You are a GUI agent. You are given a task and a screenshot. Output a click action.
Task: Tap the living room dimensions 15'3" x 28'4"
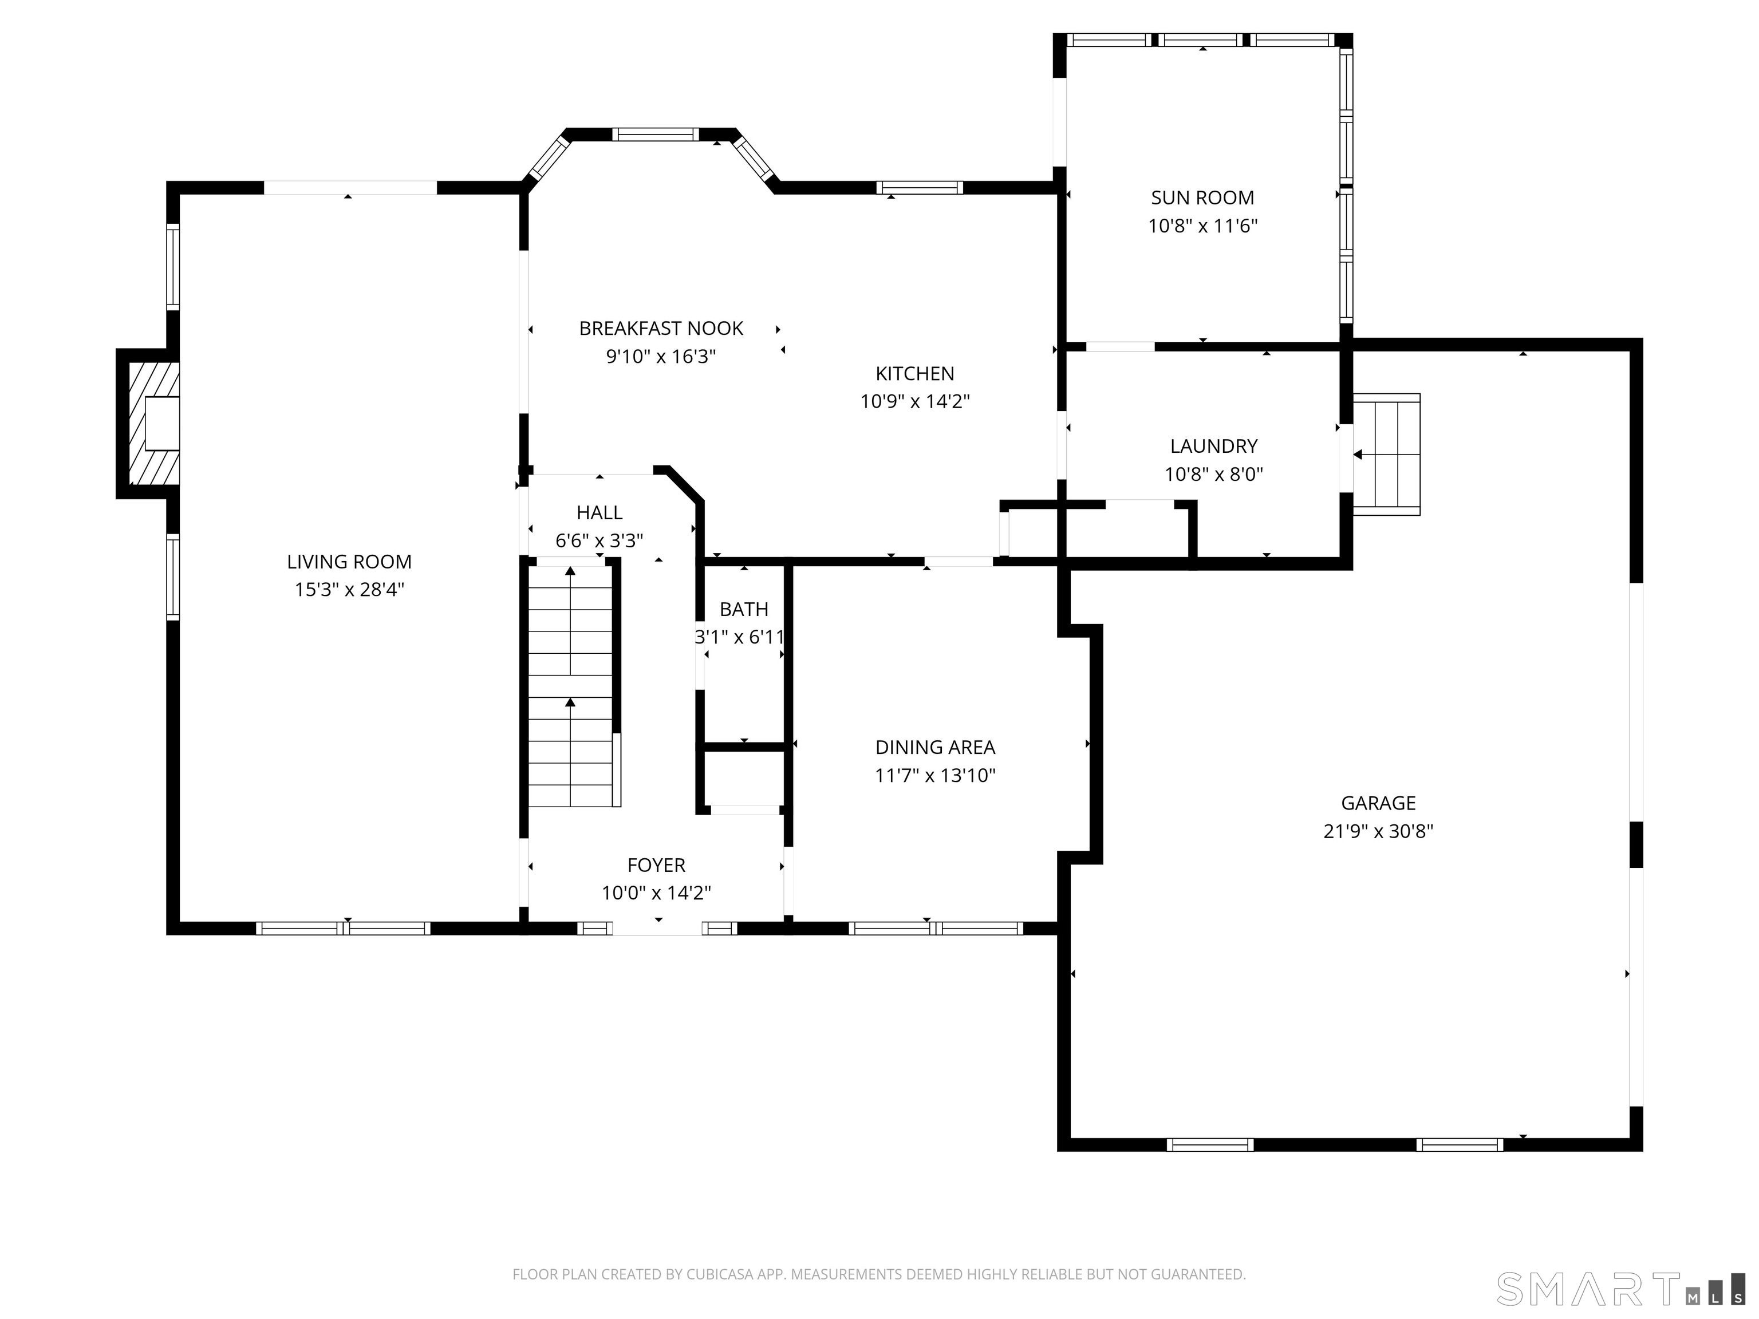[x=349, y=590]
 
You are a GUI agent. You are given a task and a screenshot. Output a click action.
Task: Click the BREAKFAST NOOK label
[x=661, y=329]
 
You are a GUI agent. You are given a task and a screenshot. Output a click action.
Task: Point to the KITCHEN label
[x=914, y=374]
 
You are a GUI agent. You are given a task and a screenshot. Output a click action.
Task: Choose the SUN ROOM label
[x=1202, y=198]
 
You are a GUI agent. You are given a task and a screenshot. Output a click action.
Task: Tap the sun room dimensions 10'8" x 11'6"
[x=1202, y=226]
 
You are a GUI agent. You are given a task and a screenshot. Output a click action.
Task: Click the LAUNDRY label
[x=1213, y=447]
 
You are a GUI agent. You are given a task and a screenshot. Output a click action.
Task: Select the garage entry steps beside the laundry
[x=1387, y=455]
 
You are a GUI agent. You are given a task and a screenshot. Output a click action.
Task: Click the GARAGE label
[x=1378, y=803]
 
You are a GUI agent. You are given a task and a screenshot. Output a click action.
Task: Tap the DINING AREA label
[x=935, y=747]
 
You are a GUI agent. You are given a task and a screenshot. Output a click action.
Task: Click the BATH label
[x=744, y=610]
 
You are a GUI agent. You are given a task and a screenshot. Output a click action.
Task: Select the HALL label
[x=599, y=513]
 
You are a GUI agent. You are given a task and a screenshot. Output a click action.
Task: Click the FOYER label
[x=656, y=865]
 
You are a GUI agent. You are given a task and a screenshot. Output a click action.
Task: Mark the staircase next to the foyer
[x=570, y=684]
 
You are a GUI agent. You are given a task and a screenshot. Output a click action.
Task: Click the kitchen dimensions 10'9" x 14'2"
[x=914, y=401]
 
